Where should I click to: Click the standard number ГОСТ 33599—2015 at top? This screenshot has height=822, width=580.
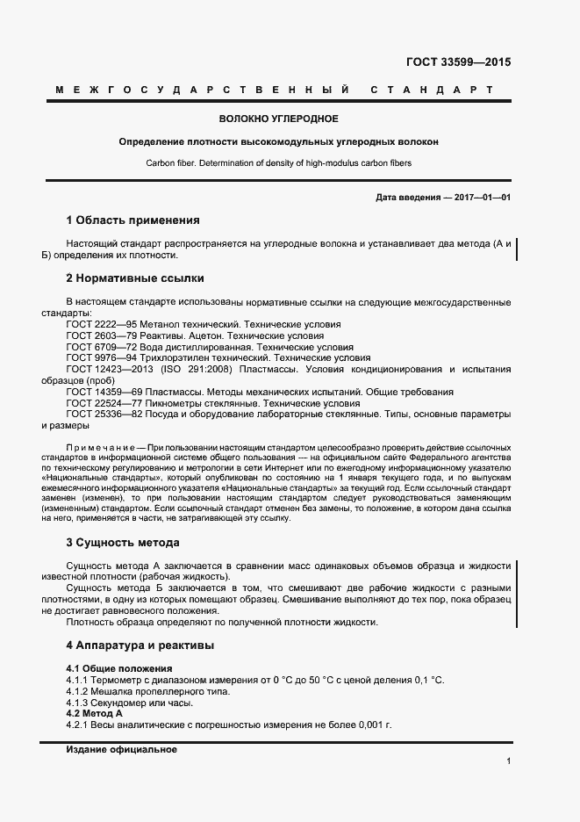pos(458,62)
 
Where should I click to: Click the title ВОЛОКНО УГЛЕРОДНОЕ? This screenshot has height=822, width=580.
pos(278,119)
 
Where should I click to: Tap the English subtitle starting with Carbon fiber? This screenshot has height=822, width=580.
pos(278,163)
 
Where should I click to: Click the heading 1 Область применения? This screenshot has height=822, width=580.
pos(132,220)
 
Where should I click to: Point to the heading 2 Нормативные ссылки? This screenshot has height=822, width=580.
pos(135,278)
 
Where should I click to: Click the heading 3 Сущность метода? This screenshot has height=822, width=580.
pos(123,543)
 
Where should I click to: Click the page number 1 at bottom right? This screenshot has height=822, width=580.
pos(508,761)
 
